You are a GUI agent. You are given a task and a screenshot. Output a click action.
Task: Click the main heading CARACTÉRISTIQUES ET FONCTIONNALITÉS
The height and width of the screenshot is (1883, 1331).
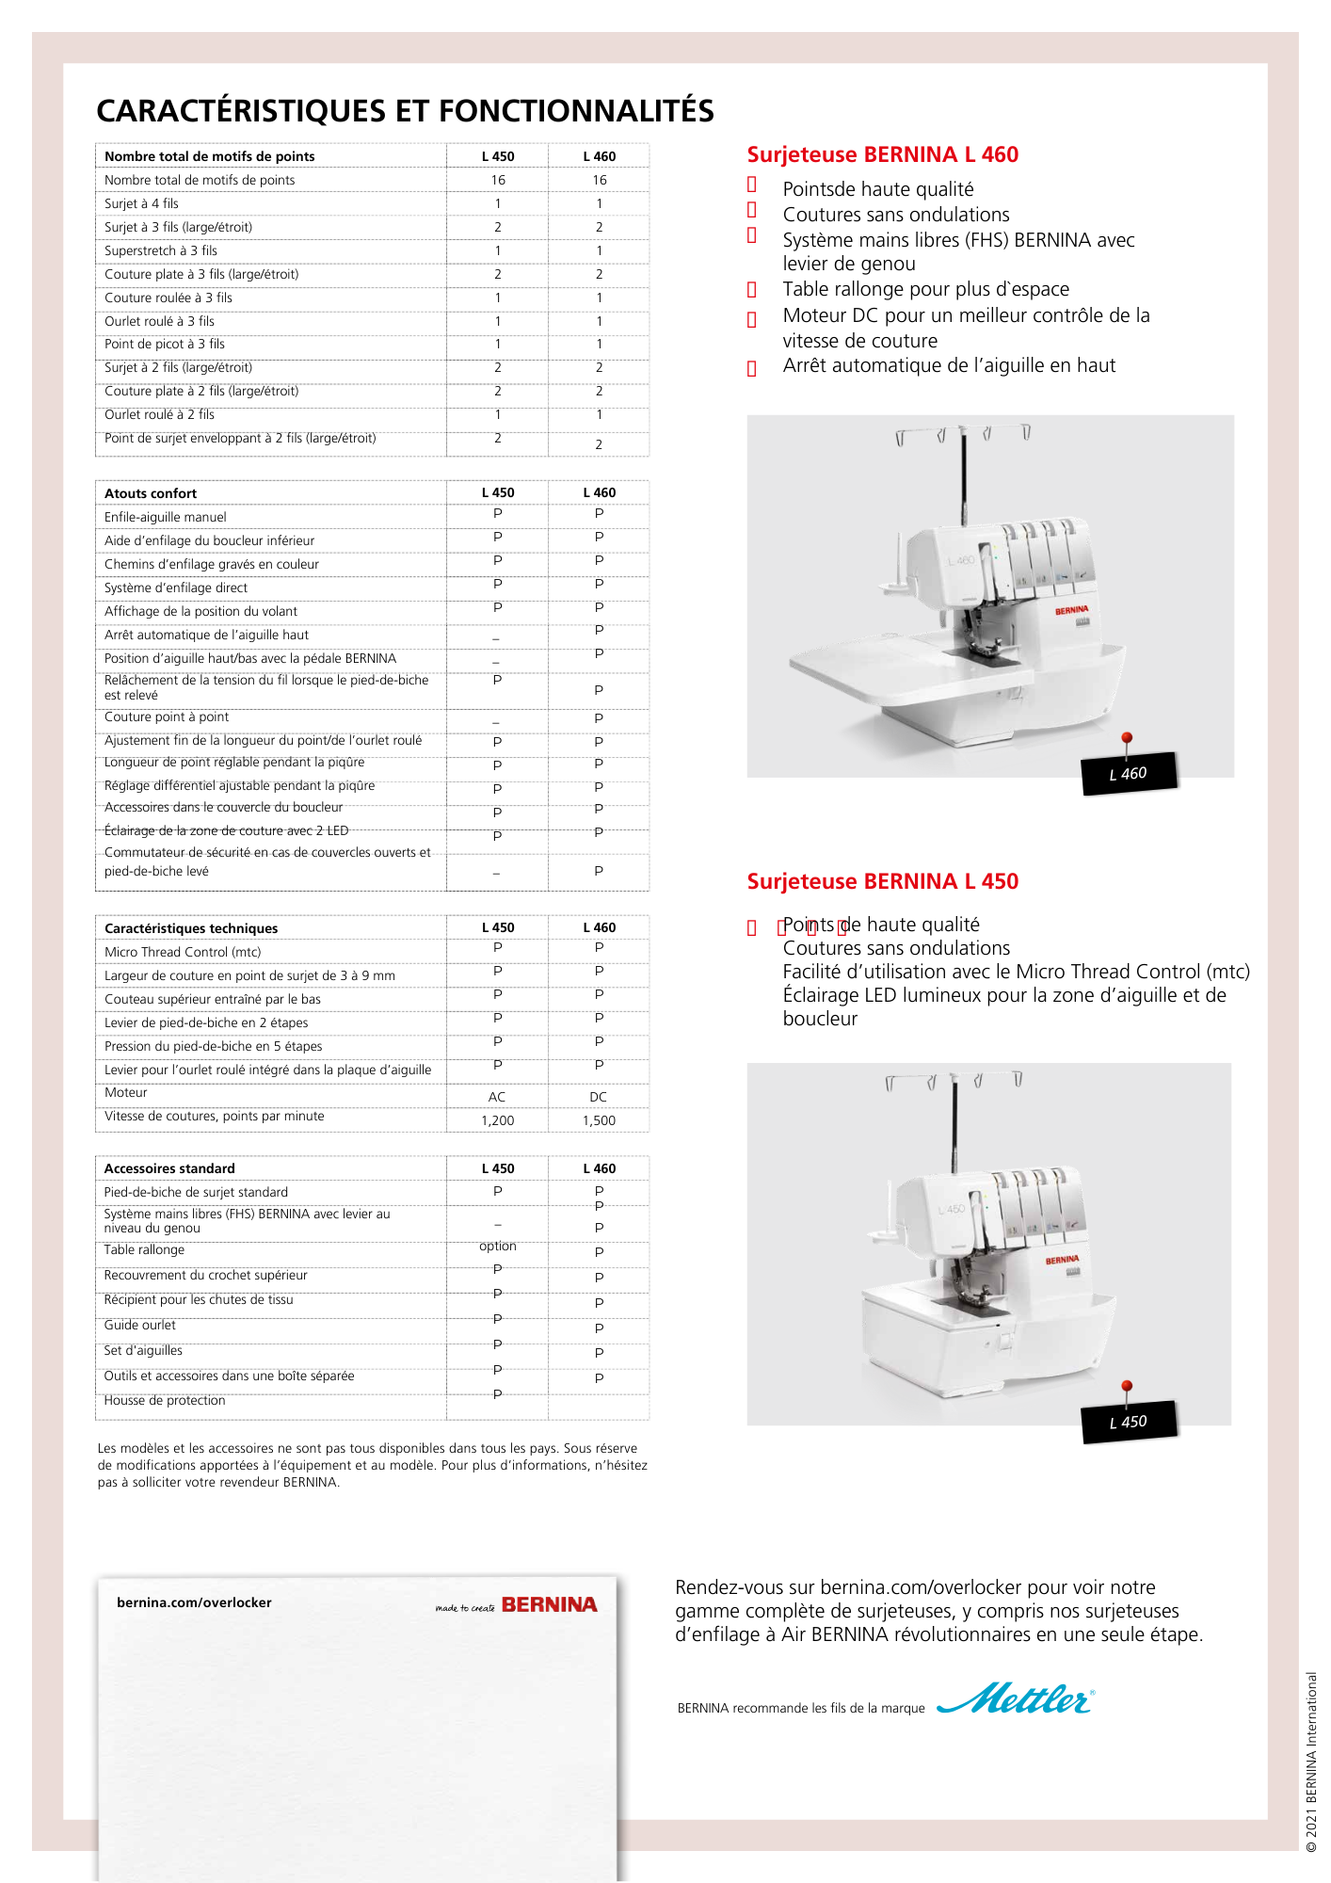click(405, 111)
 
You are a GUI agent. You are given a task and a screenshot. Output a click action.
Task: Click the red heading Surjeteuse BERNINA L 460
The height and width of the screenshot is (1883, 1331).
click(882, 154)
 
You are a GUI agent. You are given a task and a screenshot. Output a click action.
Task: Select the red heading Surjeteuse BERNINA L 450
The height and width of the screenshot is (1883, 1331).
click(882, 881)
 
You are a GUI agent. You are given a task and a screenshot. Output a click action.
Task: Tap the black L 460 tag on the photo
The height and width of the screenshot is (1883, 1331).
click(1129, 774)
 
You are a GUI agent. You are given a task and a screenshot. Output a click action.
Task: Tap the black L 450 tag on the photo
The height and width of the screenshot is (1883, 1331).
click(1129, 1422)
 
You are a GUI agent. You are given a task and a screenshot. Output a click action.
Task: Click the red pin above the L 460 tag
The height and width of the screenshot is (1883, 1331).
click(1127, 739)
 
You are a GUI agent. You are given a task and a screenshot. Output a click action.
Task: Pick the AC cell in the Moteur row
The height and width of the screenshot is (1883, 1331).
click(497, 1097)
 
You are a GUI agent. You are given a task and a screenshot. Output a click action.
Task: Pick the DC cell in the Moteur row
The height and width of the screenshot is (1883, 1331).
click(598, 1097)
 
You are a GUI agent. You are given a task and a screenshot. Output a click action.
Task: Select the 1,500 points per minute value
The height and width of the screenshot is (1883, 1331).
click(599, 1120)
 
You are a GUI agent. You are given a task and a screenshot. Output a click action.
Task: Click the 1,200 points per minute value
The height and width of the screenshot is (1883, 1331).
click(497, 1120)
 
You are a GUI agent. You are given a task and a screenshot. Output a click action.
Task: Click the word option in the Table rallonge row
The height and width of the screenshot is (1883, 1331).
click(497, 1246)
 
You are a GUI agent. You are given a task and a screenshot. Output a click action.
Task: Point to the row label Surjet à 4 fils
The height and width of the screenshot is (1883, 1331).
click(141, 203)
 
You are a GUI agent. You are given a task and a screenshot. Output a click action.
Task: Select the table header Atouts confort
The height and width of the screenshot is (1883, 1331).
click(151, 493)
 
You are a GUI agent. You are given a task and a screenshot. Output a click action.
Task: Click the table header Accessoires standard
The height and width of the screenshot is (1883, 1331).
click(169, 1168)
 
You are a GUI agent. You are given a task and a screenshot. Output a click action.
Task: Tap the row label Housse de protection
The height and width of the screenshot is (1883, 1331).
click(165, 1400)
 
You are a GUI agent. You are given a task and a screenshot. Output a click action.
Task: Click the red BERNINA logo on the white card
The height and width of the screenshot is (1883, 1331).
click(549, 1604)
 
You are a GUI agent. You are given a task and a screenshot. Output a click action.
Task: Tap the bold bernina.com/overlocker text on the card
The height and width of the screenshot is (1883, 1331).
click(194, 1602)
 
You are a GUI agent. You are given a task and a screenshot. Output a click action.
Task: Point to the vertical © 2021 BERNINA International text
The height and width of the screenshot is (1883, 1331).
click(1311, 1761)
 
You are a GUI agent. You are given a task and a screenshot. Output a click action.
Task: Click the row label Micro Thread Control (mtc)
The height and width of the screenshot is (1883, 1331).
click(183, 952)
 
